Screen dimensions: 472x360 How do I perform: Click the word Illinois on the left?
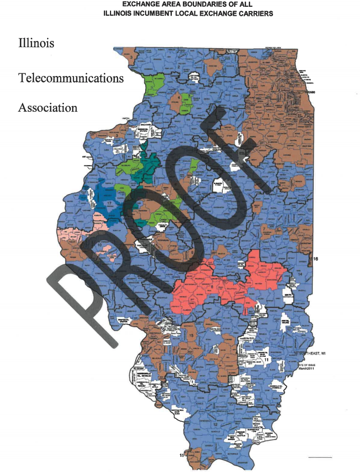tap(36, 42)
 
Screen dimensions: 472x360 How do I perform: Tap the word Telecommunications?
tap(71, 78)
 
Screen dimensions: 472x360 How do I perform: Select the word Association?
tap(48, 108)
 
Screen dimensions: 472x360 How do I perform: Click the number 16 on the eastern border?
tap(315, 259)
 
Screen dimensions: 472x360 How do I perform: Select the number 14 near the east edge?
tap(300, 275)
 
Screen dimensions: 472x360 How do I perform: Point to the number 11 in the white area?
tap(266, 361)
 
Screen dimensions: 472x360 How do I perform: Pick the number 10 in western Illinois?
tap(99, 245)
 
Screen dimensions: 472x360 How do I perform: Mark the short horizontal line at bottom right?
tap(320, 458)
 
